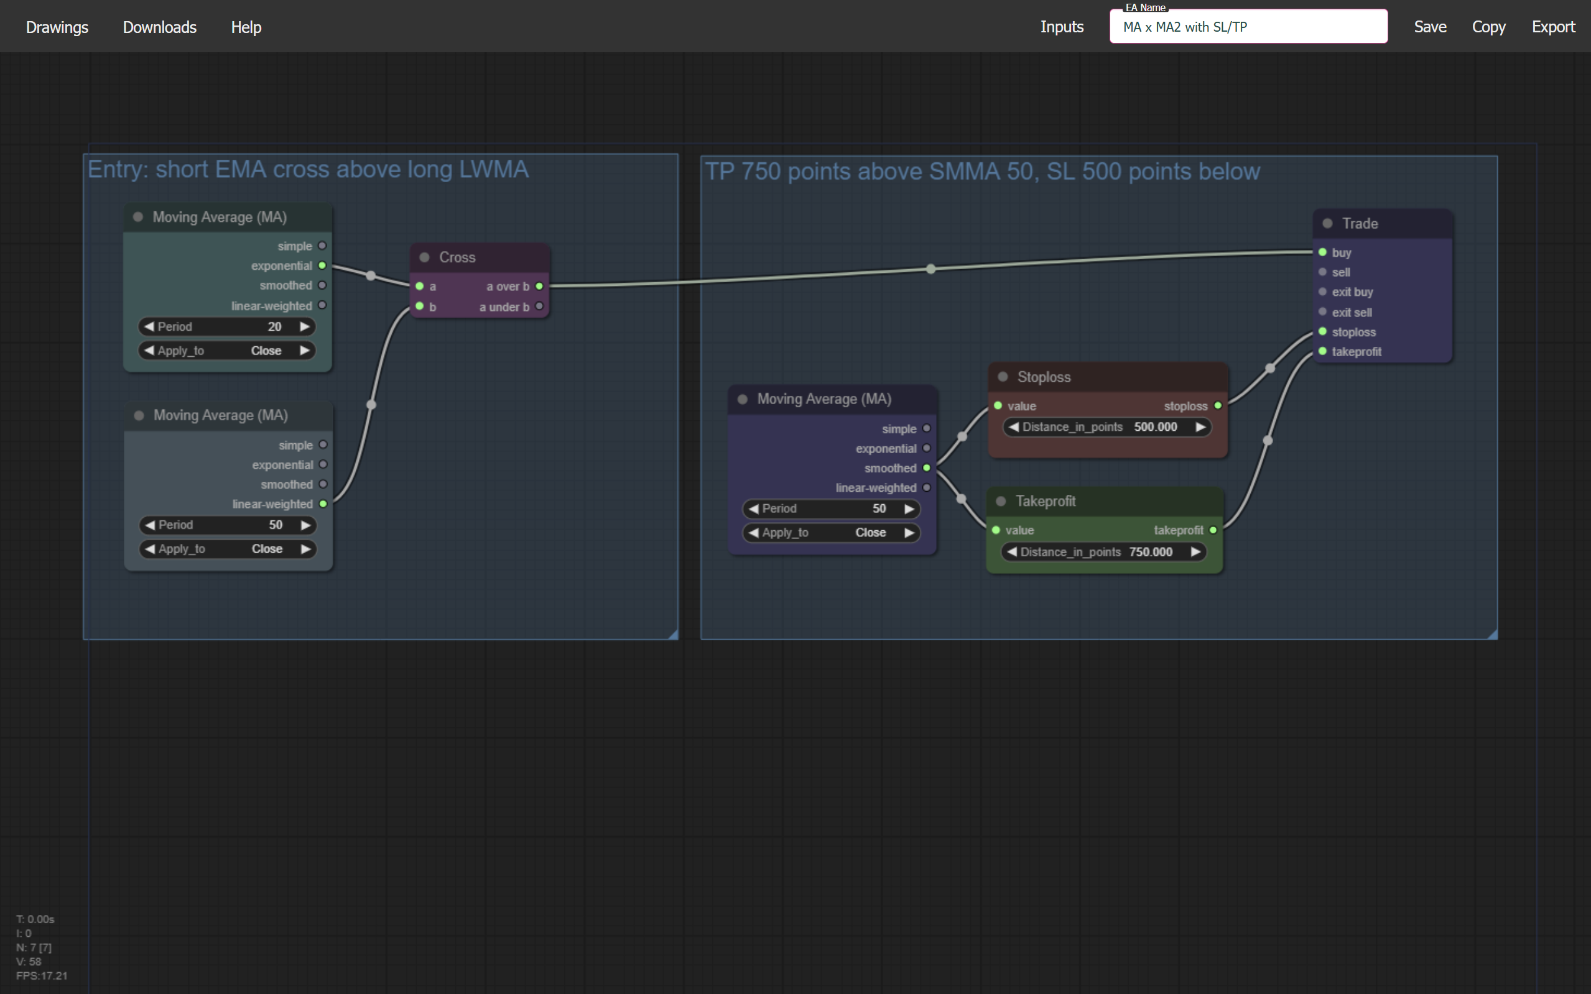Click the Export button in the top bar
tap(1553, 27)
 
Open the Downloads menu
tap(159, 27)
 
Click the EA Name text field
tap(1248, 27)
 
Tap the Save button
tap(1430, 27)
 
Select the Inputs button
tap(1062, 27)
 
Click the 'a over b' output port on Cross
tap(539, 286)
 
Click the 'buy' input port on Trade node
tap(1322, 252)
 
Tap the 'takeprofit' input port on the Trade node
tap(1322, 352)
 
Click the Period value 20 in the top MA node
tap(274, 327)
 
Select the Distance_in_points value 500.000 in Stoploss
tap(1155, 427)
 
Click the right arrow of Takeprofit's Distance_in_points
tap(1195, 552)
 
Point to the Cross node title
tap(457, 257)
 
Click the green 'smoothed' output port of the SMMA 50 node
tap(927, 468)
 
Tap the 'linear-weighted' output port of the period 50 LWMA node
tap(323, 504)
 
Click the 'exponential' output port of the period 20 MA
tap(322, 265)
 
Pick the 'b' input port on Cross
tap(420, 306)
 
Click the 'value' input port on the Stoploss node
tap(998, 406)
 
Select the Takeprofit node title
tap(1045, 501)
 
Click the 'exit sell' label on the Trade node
tap(1352, 312)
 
